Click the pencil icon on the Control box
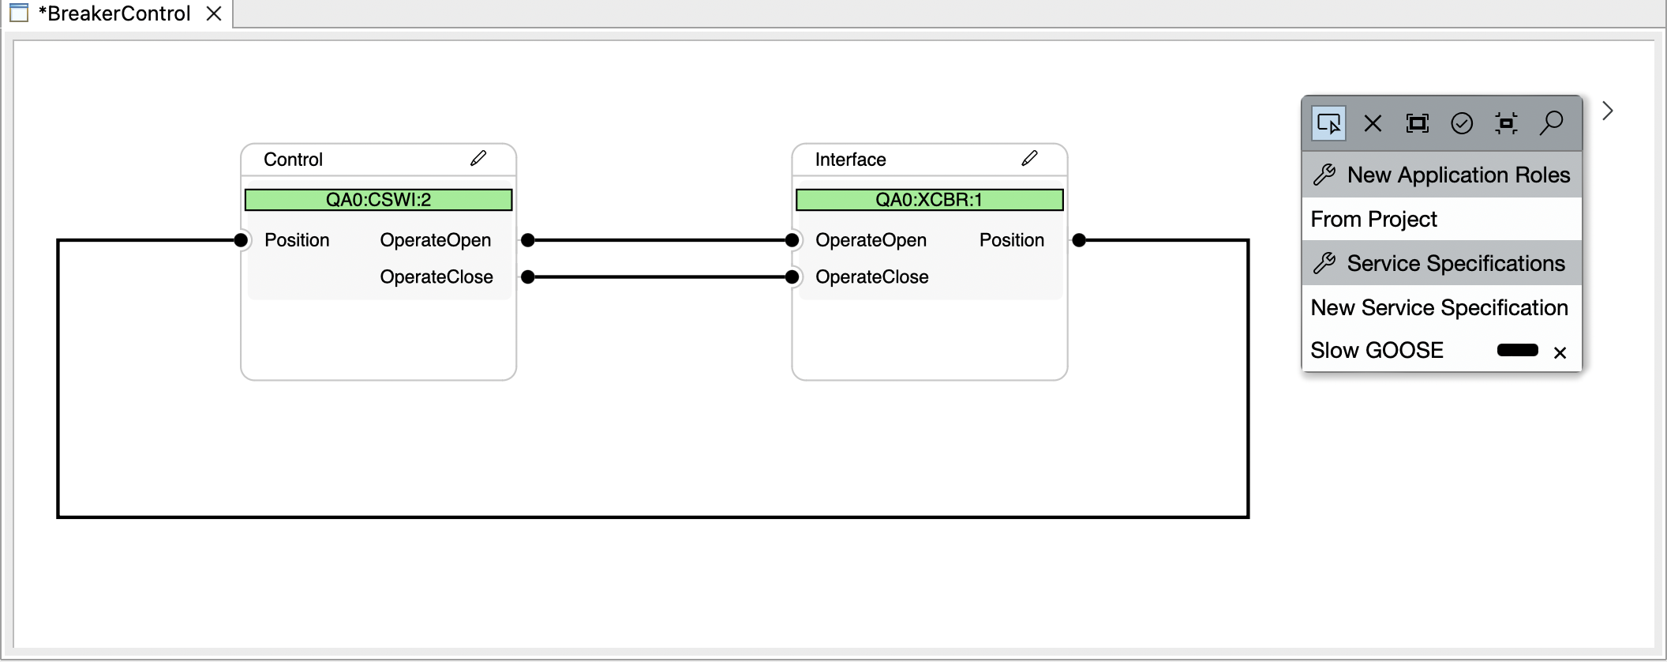[478, 159]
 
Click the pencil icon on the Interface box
[1029, 159]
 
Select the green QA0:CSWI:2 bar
[378, 200]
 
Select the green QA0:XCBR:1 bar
[929, 200]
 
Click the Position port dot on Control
[242, 240]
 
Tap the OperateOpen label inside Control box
[435, 240]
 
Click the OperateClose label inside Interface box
[871, 277]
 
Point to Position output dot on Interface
[1079, 240]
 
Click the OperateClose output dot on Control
[528, 277]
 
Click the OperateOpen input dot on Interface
[792, 240]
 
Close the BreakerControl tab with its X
[213, 13]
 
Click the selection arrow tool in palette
[1329, 124]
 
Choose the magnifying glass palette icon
[1551, 123]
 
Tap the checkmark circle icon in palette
[1462, 124]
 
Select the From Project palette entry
[1373, 220]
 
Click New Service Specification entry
[1439, 308]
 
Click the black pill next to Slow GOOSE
[1517, 351]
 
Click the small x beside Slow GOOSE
[1560, 353]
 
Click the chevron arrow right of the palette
[1608, 111]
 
